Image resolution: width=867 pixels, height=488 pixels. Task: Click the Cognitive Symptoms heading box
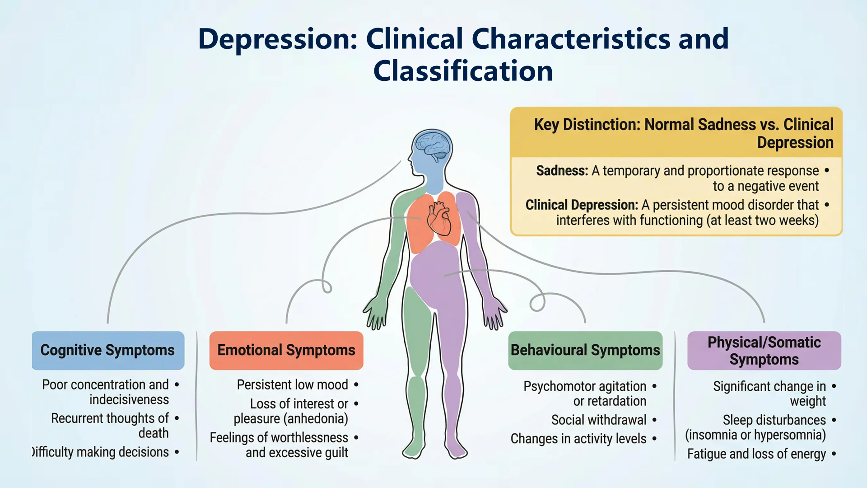click(x=108, y=350)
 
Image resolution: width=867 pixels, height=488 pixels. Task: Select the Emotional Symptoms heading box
click(x=286, y=350)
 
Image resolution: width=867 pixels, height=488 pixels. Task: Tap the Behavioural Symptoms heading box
click(x=585, y=350)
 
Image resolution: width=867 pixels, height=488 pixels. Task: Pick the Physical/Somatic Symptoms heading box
click(x=764, y=351)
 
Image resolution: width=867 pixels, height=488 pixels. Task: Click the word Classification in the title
click(x=463, y=71)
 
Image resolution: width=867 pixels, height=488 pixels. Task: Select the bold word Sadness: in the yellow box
click(x=562, y=171)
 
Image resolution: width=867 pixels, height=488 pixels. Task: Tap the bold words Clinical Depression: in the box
click(x=582, y=205)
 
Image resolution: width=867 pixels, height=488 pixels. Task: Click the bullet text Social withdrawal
click(x=599, y=420)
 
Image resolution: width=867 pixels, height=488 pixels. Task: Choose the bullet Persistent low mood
click(x=292, y=385)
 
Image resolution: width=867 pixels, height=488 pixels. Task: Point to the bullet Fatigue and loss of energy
click(x=756, y=454)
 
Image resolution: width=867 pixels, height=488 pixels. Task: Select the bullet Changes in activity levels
click(x=578, y=439)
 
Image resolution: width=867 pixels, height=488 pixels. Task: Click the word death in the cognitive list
click(x=154, y=433)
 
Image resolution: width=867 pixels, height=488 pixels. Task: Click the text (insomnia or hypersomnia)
click(x=755, y=435)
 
